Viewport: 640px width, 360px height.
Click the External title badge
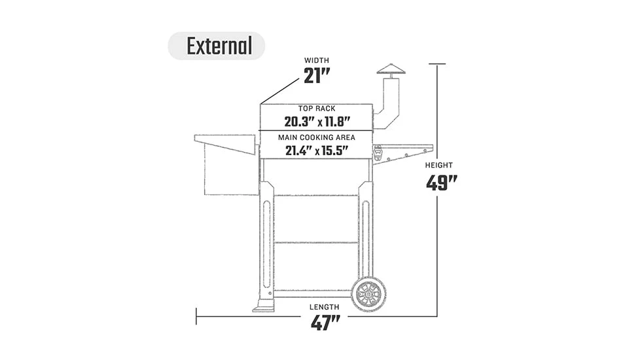click(x=217, y=46)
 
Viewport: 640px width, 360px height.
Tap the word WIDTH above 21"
click(x=317, y=61)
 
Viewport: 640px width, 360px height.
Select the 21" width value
click(x=317, y=77)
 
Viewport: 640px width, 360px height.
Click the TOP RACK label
click(x=317, y=109)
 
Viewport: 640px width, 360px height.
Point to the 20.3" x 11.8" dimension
click(x=317, y=122)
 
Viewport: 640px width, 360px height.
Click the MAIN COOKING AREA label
click(x=317, y=137)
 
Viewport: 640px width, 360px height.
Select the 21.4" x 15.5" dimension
click(x=317, y=151)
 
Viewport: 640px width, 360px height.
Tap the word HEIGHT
click(x=438, y=166)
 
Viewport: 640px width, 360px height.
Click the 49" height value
click(x=441, y=183)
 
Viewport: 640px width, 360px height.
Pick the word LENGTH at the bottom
click(x=325, y=307)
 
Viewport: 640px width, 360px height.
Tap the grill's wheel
click(x=368, y=294)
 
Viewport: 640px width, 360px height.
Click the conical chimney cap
click(x=391, y=69)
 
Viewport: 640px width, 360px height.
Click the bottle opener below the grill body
click(x=379, y=153)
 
